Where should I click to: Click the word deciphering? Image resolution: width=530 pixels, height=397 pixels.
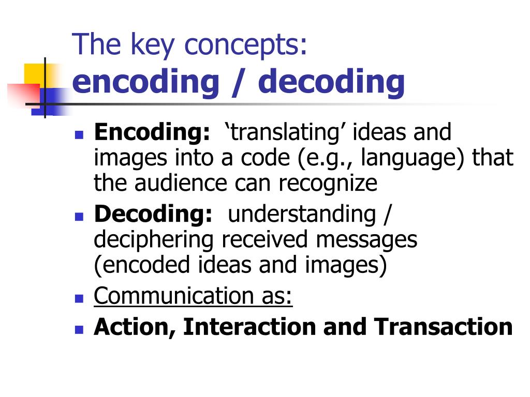(154, 240)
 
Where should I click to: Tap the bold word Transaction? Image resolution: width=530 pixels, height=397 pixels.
(443, 327)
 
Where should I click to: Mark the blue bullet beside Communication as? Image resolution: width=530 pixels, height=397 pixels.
(79, 299)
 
